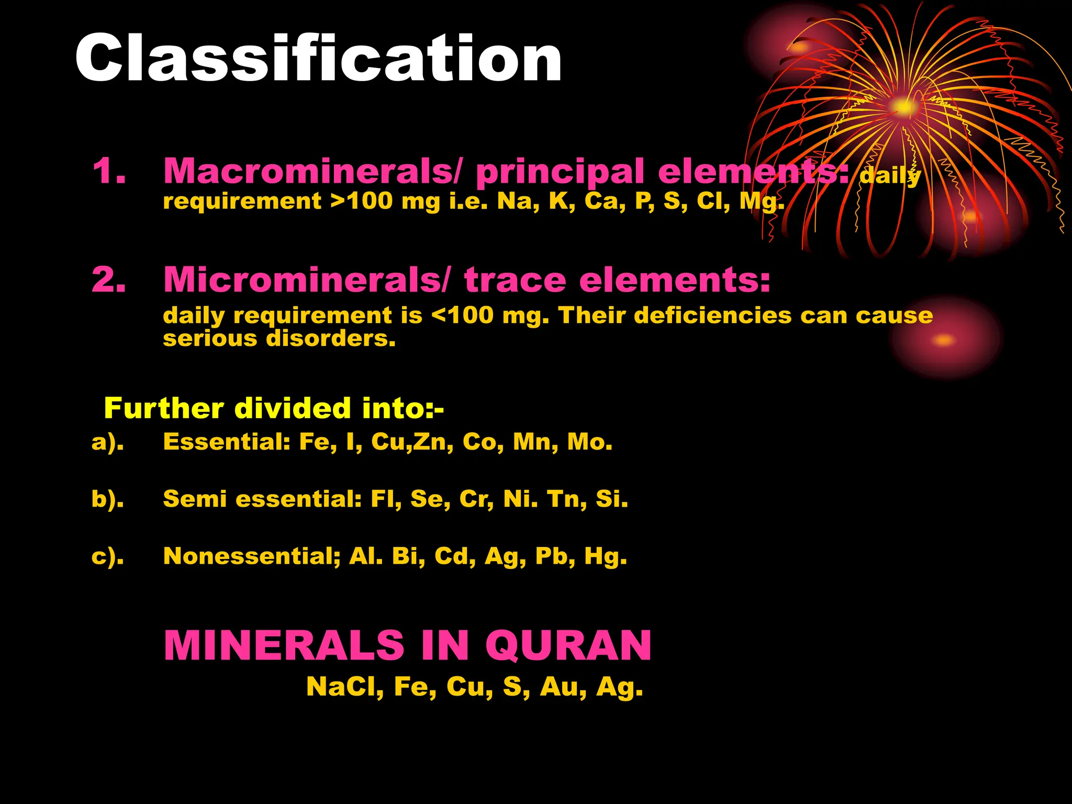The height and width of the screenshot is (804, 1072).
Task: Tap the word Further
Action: [x=164, y=408]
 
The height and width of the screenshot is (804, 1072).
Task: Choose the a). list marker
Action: [x=108, y=442]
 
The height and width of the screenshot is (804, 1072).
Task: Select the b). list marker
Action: [x=108, y=499]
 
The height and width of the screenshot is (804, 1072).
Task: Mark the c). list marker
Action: [x=108, y=556]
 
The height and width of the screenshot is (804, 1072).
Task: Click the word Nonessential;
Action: [x=252, y=556]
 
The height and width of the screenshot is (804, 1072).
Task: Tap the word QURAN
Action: [x=568, y=646]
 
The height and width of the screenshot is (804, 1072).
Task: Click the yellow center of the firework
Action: [x=903, y=107]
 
